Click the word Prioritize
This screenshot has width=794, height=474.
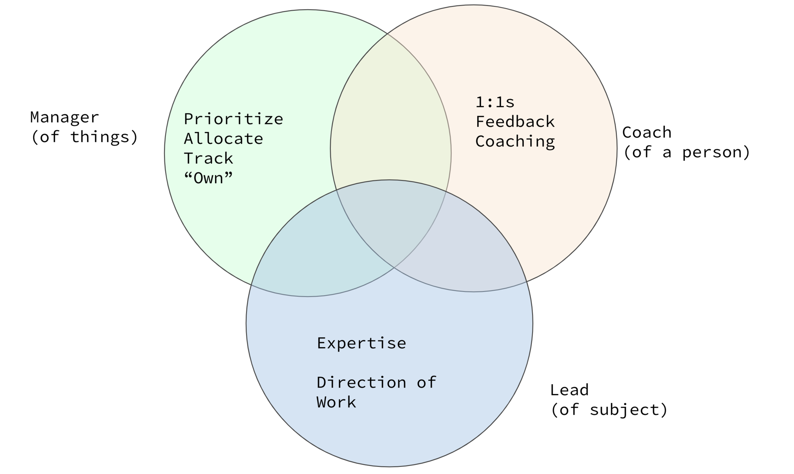tap(233, 119)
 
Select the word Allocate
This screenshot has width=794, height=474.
tap(223, 139)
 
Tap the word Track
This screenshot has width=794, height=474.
tap(208, 159)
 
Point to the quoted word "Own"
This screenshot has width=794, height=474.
tap(208, 178)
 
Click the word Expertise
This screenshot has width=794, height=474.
tap(361, 343)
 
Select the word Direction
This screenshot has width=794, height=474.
tap(361, 383)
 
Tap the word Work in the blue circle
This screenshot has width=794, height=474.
tap(336, 402)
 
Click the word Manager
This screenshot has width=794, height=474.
tap(65, 117)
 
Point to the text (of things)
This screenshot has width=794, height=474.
tap(84, 137)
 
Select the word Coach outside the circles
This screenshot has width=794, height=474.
tap(647, 133)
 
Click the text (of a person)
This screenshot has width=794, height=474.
tap(686, 152)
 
